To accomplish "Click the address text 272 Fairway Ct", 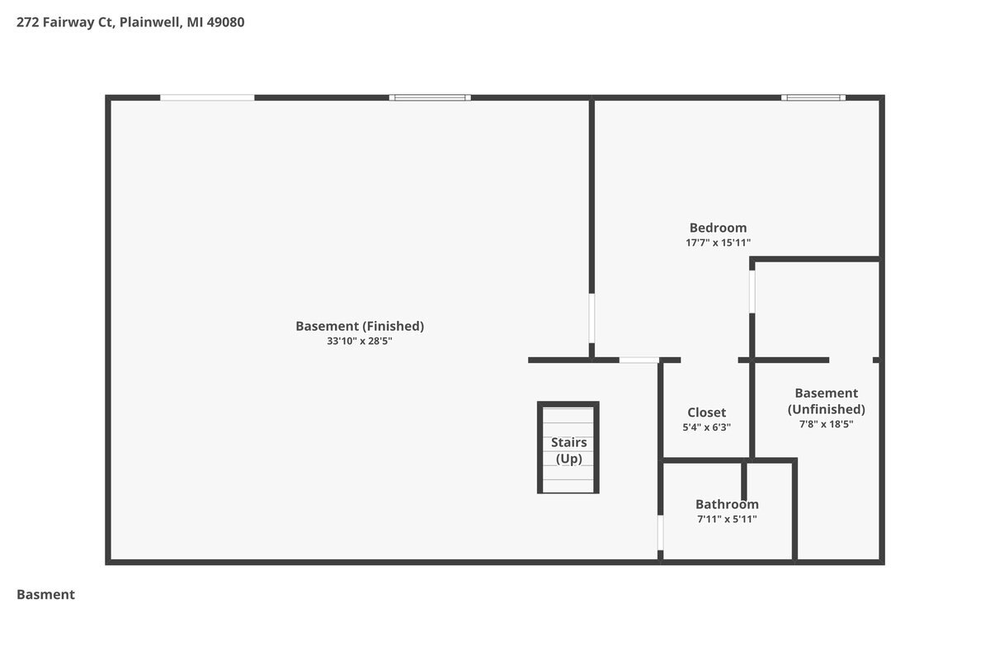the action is click(x=65, y=22).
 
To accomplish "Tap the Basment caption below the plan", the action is click(x=45, y=595).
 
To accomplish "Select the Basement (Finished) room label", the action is click(x=360, y=326).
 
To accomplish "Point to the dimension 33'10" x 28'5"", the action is click(x=360, y=341).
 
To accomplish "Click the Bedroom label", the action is click(x=719, y=228).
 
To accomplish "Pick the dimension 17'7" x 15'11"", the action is click(x=719, y=243).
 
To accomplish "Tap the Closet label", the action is click(x=706, y=412).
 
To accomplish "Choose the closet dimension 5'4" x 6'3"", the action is click(x=706, y=427).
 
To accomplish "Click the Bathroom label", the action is click(x=727, y=504).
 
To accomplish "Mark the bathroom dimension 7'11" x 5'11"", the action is click(x=727, y=519).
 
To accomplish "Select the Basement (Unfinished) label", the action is click(x=826, y=401).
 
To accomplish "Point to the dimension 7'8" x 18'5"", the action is click(x=826, y=424).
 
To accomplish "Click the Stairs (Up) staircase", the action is click(x=568, y=447).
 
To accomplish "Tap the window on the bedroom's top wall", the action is click(x=813, y=97).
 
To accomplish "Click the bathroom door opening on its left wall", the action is click(x=660, y=533).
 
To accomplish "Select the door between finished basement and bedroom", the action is click(x=592, y=318).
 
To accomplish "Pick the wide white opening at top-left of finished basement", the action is click(x=207, y=97).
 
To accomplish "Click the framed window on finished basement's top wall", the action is click(x=430, y=97).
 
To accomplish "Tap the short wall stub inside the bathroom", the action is click(x=744, y=482).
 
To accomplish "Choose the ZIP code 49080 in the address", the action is click(x=225, y=22).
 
